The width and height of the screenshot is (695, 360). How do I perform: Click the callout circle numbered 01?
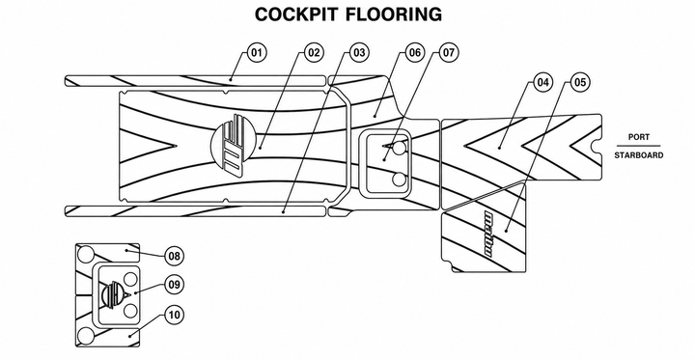(256, 53)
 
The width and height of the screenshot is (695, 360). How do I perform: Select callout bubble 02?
(314, 53)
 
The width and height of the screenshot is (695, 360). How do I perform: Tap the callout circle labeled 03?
(359, 53)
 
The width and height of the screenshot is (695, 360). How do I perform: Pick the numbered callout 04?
(542, 82)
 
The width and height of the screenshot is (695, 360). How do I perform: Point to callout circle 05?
(580, 82)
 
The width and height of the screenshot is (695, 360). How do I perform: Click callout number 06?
(414, 53)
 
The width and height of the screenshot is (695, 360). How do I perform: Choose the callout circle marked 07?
(449, 53)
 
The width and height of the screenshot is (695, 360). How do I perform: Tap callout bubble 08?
(174, 256)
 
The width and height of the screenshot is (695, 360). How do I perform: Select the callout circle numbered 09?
(174, 285)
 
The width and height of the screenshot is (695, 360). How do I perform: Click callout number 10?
(174, 316)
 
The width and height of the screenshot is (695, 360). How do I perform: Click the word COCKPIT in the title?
(296, 14)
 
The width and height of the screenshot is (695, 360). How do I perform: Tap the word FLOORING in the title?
(394, 14)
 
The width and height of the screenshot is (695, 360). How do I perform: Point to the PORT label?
(639, 137)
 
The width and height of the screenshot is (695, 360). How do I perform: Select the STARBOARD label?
(639, 155)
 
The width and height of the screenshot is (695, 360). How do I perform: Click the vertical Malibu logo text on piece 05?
(488, 235)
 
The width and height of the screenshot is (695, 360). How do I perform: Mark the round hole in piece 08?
(86, 255)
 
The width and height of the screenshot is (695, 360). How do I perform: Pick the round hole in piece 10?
(86, 336)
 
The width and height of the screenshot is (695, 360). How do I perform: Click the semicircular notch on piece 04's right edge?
(598, 145)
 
